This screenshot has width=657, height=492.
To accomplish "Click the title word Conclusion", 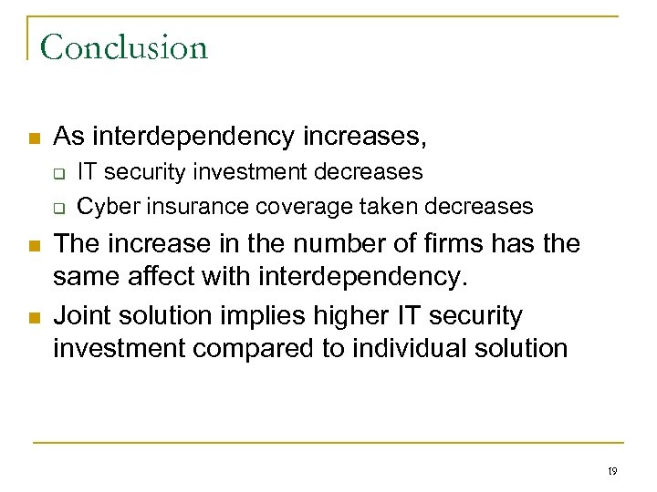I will [124, 46].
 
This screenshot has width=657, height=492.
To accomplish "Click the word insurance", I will [187, 207].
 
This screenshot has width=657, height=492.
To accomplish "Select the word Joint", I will [82, 316].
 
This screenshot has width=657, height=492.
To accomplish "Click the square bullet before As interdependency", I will [34, 139].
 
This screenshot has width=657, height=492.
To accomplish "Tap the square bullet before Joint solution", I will [34, 318].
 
